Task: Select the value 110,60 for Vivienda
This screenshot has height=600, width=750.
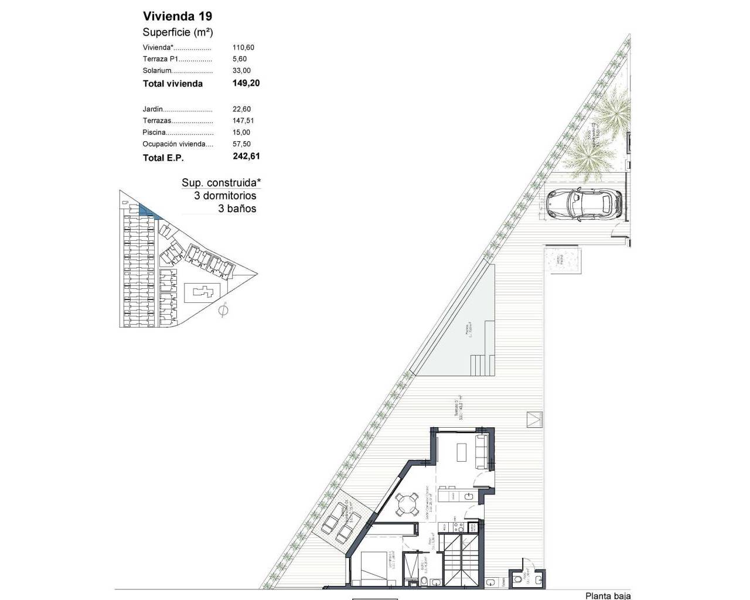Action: coord(243,47)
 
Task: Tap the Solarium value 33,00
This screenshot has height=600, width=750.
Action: coord(241,70)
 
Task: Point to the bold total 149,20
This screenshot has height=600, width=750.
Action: coord(246,83)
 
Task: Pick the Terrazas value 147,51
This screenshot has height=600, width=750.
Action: coord(243,121)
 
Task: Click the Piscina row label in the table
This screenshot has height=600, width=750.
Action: coord(154,132)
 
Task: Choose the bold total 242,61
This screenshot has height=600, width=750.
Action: coord(246,156)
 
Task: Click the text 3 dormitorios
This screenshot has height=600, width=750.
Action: coord(225,196)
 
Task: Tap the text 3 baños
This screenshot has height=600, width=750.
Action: coord(237,209)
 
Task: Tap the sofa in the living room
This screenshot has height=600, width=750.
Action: coord(482,451)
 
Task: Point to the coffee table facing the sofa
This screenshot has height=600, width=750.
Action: coord(461,451)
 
